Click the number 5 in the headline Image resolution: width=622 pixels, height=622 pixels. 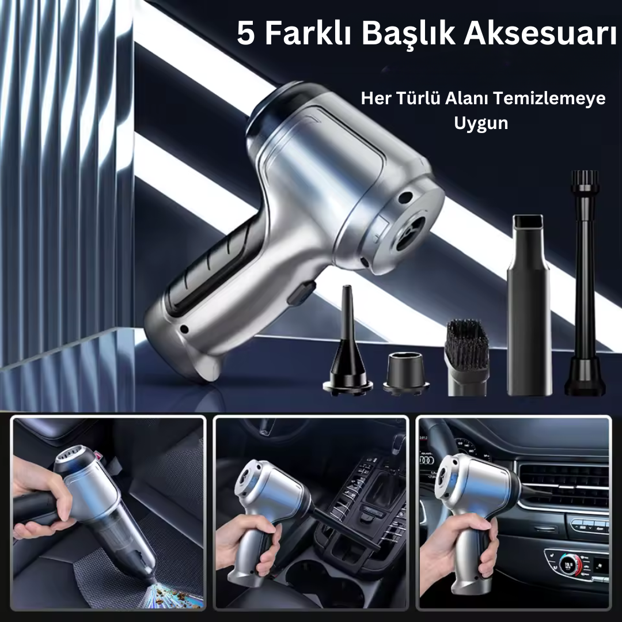click(245, 34)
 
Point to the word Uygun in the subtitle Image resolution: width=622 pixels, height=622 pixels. click(481, 123)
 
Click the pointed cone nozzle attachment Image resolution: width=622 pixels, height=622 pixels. click(347, 340)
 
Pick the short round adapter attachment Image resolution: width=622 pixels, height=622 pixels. click(406, 373)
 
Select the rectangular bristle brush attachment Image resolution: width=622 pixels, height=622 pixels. click(467, 357)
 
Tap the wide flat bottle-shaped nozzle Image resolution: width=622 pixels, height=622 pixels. click(530, 305)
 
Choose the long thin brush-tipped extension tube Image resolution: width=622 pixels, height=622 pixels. click(585, 283)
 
